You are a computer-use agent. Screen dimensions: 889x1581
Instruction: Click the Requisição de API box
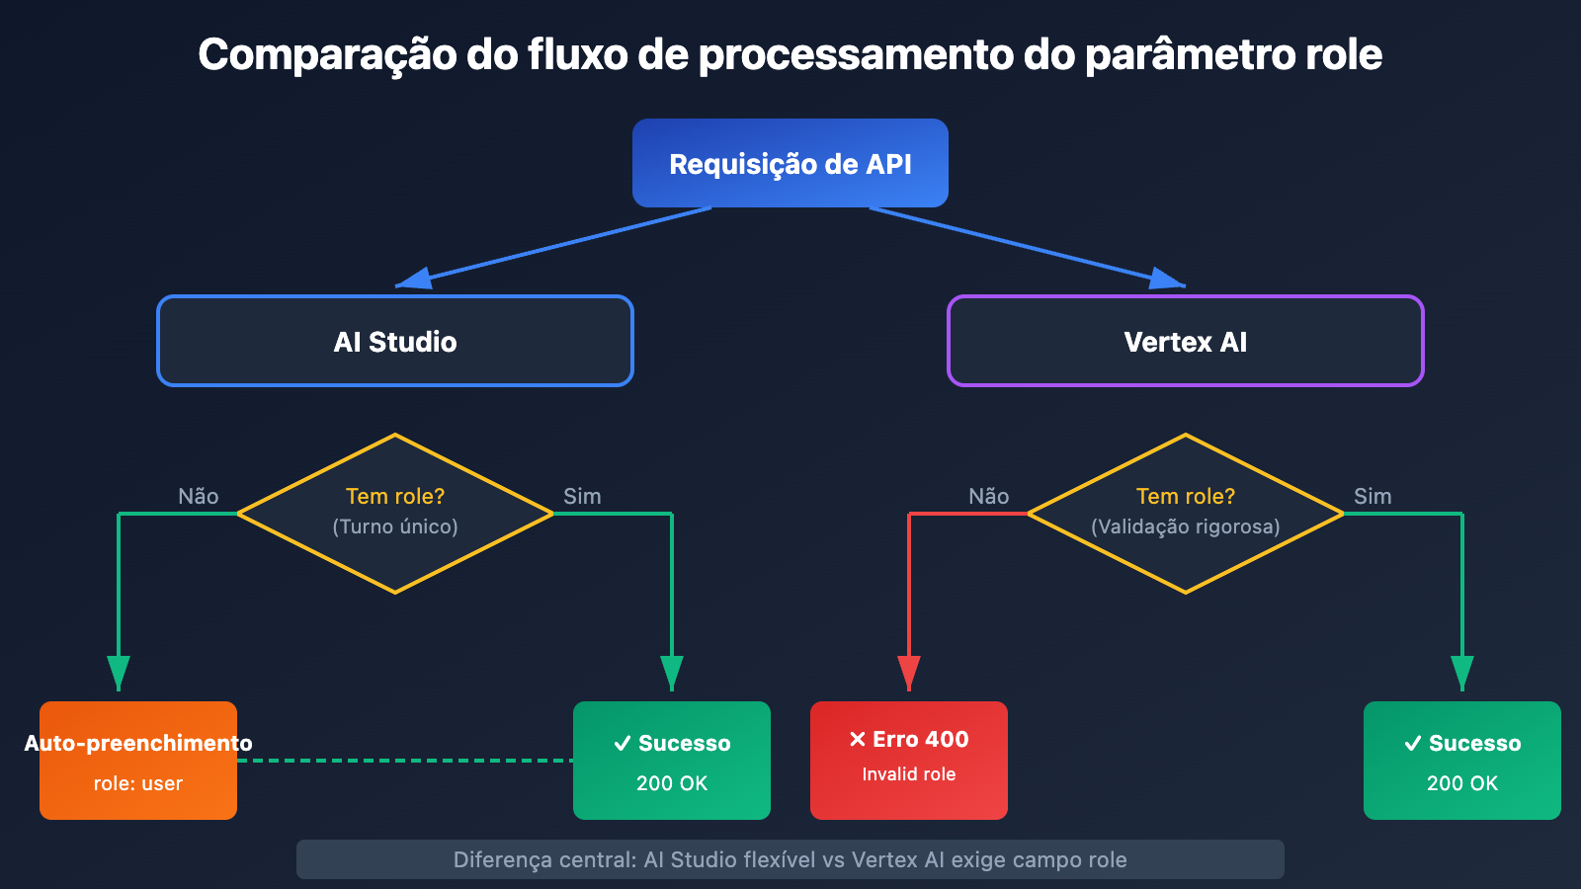click(790, 163)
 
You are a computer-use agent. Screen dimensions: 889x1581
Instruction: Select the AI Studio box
click(395, 341)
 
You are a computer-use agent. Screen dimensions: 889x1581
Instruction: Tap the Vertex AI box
click(1186, 341)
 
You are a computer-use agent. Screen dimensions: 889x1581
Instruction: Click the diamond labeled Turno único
click(395, 514)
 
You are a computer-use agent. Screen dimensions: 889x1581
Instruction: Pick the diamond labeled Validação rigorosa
click(1186, 514)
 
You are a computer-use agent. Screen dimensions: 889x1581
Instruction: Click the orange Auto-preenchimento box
click(138, 761)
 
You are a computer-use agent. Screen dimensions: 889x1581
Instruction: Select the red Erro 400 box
click(909, 761)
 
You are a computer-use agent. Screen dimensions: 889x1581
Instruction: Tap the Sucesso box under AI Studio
click(672, 761)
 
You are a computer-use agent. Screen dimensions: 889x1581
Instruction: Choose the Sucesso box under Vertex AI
click(1462, 761)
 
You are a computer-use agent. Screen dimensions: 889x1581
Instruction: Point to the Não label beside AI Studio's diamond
click(198, 496)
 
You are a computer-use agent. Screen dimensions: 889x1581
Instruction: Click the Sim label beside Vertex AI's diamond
click(1373, 496)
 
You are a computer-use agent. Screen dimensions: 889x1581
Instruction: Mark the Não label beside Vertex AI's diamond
click(988, 496)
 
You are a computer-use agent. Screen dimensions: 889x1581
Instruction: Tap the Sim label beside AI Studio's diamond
click(582, 496)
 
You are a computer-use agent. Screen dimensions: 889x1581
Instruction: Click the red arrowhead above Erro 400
click(909, 672)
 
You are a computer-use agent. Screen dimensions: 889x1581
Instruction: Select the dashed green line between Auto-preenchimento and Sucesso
click(405, 761)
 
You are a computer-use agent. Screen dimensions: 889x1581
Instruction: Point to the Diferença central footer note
click(790, 859)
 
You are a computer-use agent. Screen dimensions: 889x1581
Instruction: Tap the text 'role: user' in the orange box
click(138, 783)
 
